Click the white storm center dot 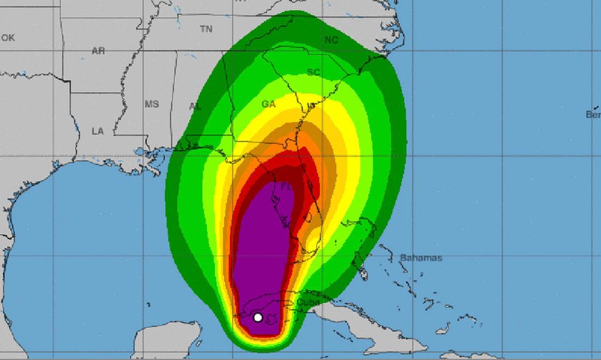point(258,317)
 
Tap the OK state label point(8,37)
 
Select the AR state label point(99,51)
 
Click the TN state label point(206,29)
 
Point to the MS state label point(152,104)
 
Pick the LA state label point(98,131)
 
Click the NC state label point(331,40)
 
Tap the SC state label point(313,72)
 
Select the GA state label point(268,104)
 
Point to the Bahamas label point(421,258)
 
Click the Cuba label point(308,302)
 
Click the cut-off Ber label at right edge point(593,114)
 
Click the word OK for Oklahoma point(8,37)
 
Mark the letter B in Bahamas point(403,258)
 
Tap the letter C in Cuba point(300,302)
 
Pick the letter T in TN point(203,29)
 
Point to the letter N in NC point(328,40)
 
